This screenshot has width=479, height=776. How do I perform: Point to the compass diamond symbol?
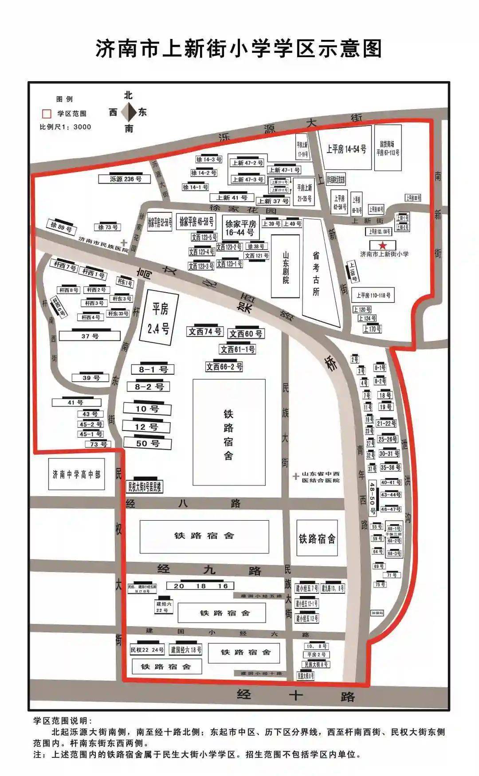129,112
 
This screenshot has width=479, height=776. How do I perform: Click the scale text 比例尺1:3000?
65,127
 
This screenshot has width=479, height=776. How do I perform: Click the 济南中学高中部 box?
76,474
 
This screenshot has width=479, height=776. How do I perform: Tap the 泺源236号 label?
126,179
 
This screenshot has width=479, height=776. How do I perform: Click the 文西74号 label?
204,331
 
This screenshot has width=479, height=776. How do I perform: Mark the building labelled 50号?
147,443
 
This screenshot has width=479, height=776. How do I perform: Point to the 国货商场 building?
388,148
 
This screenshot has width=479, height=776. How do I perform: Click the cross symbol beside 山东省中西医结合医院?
296,476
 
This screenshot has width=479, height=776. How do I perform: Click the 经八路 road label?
184,503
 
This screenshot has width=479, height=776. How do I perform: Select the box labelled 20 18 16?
200,586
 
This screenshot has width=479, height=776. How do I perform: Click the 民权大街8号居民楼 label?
145,487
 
